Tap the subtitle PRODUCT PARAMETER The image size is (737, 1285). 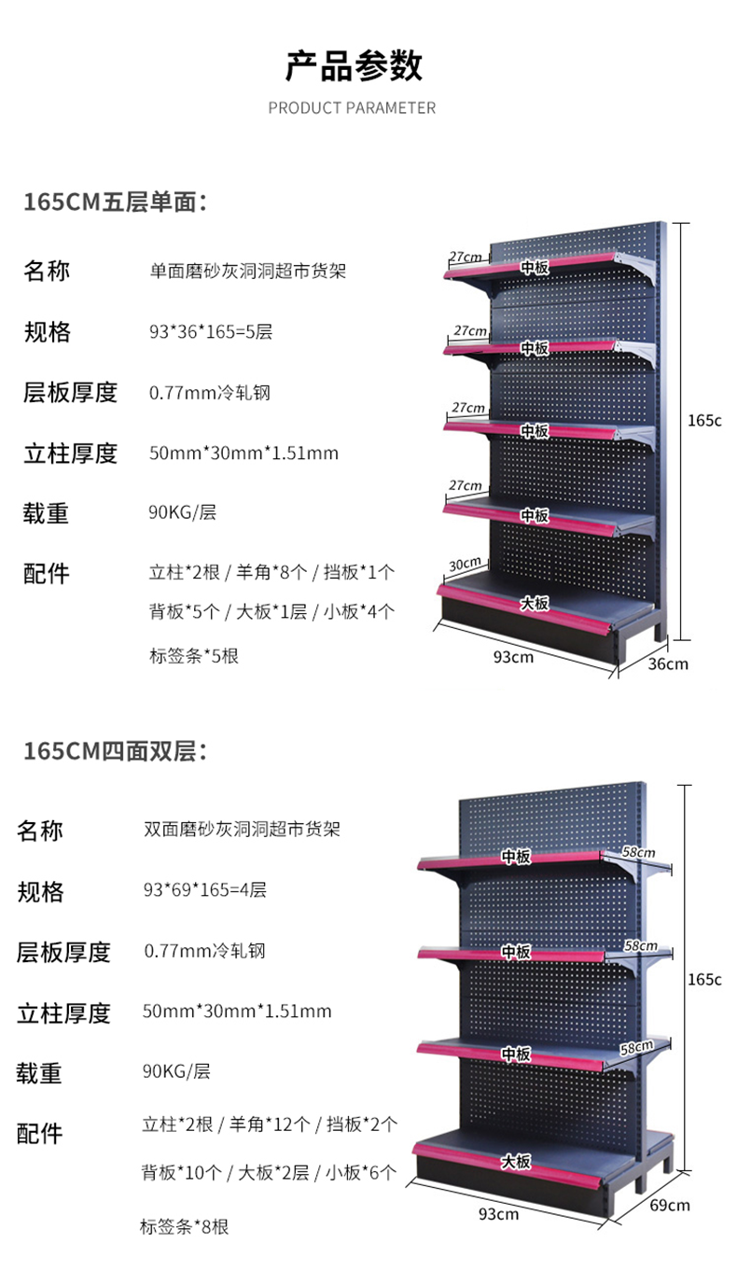pyautogui.click(x=352, y=108)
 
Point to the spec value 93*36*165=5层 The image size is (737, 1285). pyautogui.click(x=210, y=332)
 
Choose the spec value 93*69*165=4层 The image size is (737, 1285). pyautogui.click(x=204, y=890)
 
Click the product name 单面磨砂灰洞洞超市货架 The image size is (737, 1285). pyautogui.click(x=247, y=272)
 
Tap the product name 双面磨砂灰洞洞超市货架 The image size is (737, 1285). pyautogui.click(x=242, y=829)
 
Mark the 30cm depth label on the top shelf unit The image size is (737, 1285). pyautogui.click(x=465, y=563)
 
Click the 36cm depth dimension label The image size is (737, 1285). pyautogui.click(x=668, y=663)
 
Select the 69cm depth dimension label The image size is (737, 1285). pyautogui.click(x=670, y=1205)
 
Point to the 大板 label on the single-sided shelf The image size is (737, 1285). pyautogui.click(x=535, y=604)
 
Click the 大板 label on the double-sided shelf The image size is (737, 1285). pyautogui.click(x=515, y=1162)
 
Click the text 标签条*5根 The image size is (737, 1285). pyautogui.click(x=193, y=656)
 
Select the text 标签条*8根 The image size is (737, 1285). pyautogui.click(x=184, y=1227)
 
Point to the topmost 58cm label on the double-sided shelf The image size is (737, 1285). pyautogui.click(x=640, y=852)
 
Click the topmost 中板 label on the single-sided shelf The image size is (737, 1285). pyautogui.click(x=535, y=267)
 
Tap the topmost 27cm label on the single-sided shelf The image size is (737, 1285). pyautogui.click(x=465, y=256)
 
